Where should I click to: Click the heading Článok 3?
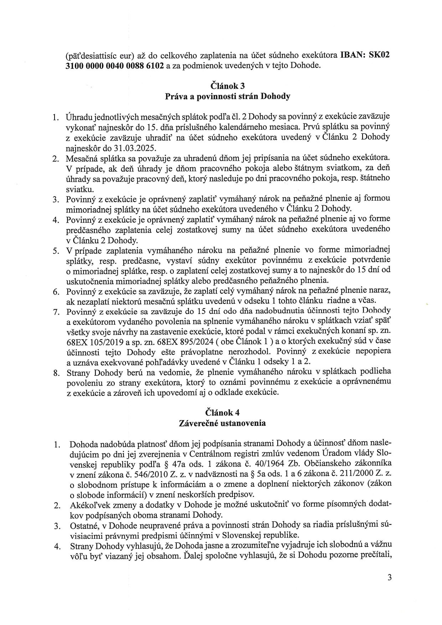click(x=227, y=86)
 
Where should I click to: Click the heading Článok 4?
click(x=227, y=412)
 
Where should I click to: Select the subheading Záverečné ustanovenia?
click(x=227, y=423)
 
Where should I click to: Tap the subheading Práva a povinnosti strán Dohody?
click(x=227, y=96)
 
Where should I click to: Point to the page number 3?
click(x=390, y=577)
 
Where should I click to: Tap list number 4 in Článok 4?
click(x=56, y=547)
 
